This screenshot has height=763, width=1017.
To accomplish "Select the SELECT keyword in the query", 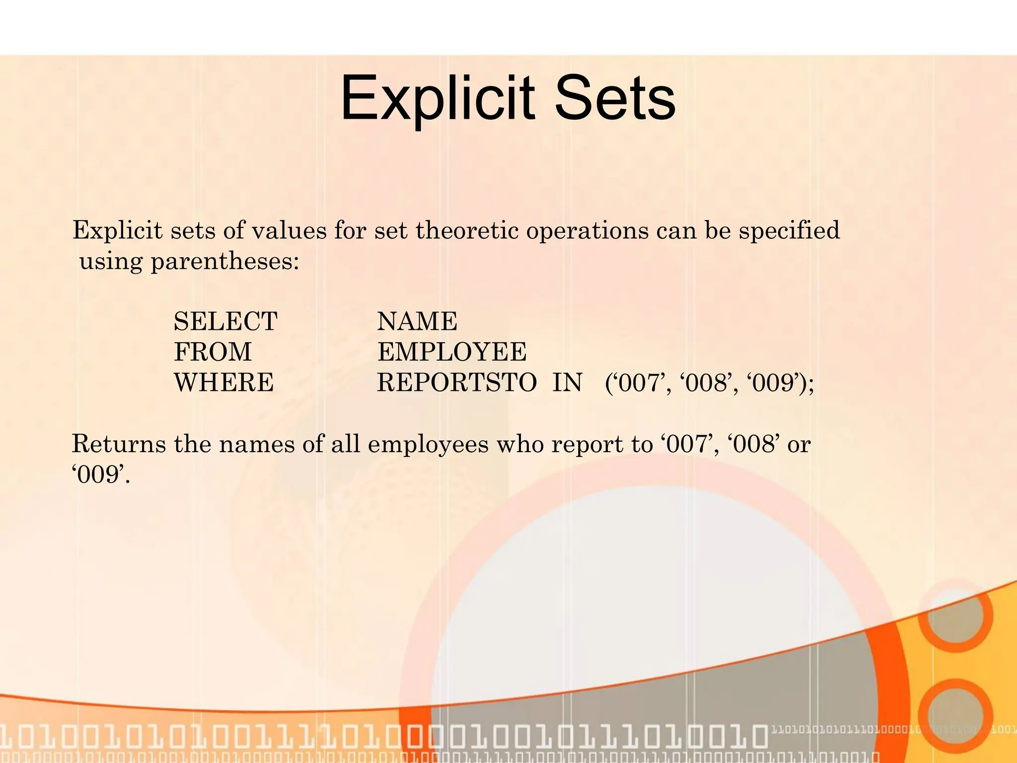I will click(x=225, y=321).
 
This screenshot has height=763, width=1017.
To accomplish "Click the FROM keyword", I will click(x=213, y=352).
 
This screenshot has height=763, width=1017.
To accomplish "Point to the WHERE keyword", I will click(x=224, y=383).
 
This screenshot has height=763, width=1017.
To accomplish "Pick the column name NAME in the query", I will click(x=417, y=321).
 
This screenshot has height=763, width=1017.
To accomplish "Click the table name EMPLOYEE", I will click(x=452, y=352).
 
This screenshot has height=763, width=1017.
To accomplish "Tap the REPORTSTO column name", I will click(x=457, y=383).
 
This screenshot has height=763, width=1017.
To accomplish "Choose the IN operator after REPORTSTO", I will click(x=567, y=383).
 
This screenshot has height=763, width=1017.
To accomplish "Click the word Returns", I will click(x=119, y=444).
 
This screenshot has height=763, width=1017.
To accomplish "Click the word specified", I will click(x=789, y=230).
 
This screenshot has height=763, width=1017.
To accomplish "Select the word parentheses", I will click(x=224, y=261).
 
